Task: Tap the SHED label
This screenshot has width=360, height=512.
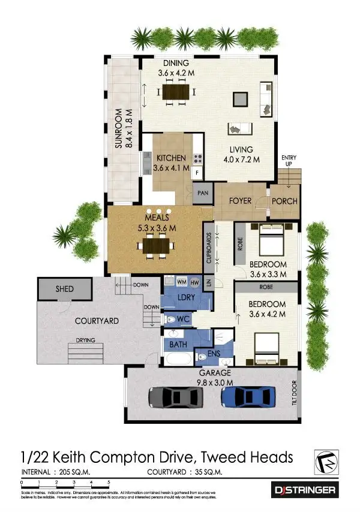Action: click(x=65, y=289)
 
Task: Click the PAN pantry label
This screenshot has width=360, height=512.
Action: click(x=203, y=193)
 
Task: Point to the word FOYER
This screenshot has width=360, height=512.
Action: click(x=240, y=201)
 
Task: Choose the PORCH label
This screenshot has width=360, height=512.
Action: click(x=284, y=201)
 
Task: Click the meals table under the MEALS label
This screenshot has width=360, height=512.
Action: click(x=157, y=245)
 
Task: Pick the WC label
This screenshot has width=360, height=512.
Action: click(x=184, y=320)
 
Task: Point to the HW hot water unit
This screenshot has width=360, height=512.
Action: click(x=194, y=282)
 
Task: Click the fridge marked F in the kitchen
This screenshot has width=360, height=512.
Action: click(x=197, y=172)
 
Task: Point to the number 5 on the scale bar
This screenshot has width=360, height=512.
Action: click(x=109, y=482)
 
